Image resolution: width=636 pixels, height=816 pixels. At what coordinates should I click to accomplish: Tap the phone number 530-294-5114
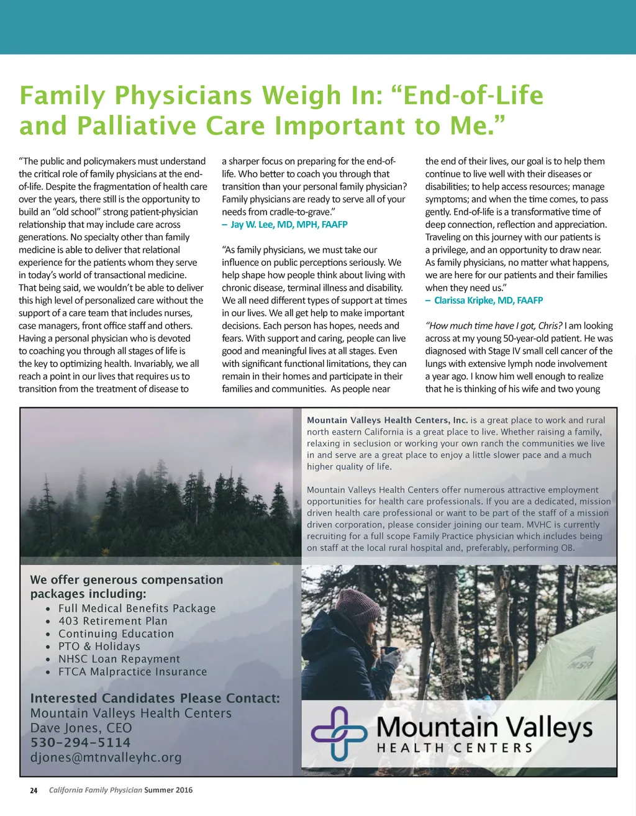pos(80,743)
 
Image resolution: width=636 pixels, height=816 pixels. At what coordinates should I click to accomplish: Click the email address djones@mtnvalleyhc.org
pos(106,758)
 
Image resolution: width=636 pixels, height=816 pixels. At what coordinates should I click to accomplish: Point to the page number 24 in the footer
pos(34,791)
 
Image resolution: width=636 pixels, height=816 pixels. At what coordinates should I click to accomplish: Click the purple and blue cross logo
pos(339,733)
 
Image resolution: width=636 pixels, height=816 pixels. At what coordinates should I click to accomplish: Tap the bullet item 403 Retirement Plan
pos(112,621)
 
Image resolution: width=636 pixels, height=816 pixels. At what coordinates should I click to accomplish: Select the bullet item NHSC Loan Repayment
pos(119,659)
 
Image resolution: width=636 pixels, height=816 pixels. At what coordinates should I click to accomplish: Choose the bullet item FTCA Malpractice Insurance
pos(132,672)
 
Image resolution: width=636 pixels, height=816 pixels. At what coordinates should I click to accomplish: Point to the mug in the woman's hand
pos(390,652)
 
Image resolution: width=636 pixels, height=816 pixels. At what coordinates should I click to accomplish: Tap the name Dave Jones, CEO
pos(81,728)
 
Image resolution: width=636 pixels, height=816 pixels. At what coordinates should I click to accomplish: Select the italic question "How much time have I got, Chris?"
pos(494,326)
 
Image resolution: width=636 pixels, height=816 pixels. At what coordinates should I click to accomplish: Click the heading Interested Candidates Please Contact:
pos(155,698)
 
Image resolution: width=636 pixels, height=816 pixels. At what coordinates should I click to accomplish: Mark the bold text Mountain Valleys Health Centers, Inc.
pos(387,420)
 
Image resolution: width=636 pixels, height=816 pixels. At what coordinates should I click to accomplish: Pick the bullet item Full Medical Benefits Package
pos(137,609)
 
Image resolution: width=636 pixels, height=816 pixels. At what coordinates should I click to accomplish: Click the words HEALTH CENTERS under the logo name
pos(455,748)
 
